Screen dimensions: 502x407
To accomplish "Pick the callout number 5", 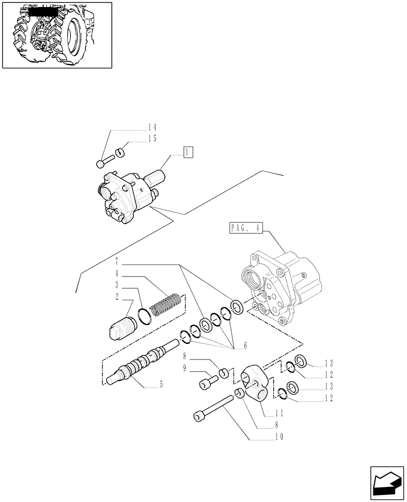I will pos(161,386).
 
